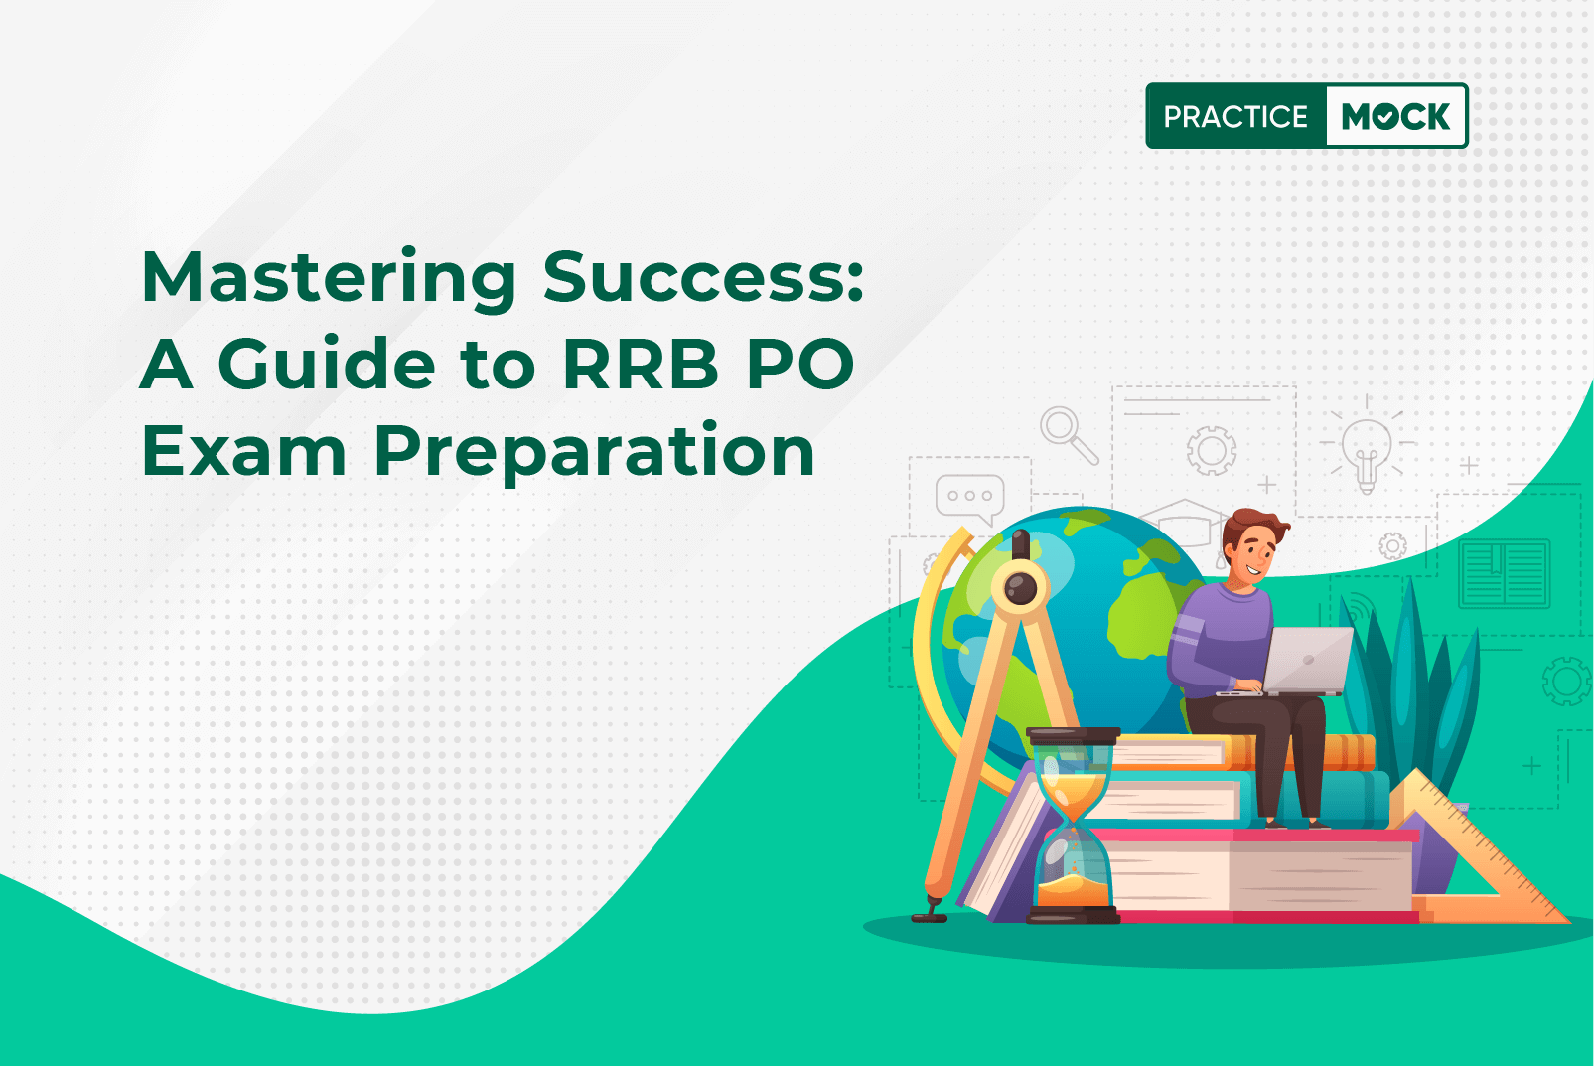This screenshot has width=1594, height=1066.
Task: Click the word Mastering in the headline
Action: click(329, 279)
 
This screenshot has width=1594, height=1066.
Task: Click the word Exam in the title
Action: click(244, 450)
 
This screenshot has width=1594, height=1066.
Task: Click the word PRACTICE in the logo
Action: click(1235, 116)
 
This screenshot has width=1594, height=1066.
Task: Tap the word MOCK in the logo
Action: click(1395, 116)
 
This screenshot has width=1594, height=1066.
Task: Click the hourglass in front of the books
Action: click(1073, 826)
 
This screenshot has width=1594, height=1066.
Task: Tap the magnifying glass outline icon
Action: click(1068, 435)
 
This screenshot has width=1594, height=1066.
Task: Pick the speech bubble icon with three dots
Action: click(970, 498)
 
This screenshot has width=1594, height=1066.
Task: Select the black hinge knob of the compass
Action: click(1020, 587)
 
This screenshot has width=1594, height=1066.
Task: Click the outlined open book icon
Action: click(1504, 573)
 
